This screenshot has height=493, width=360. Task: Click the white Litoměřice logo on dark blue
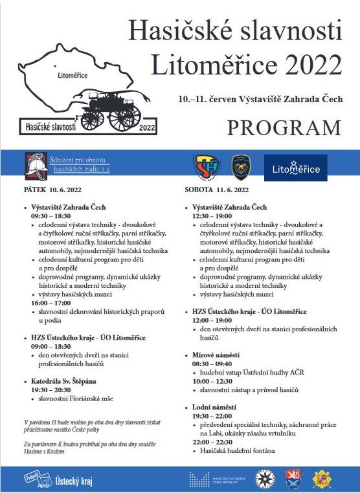tap(297, 169)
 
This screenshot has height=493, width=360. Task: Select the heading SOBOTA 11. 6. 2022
tap(216, 190)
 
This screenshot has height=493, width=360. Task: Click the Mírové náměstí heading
tap(216, 355)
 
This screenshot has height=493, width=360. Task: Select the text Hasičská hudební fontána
tap(238, 450)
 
